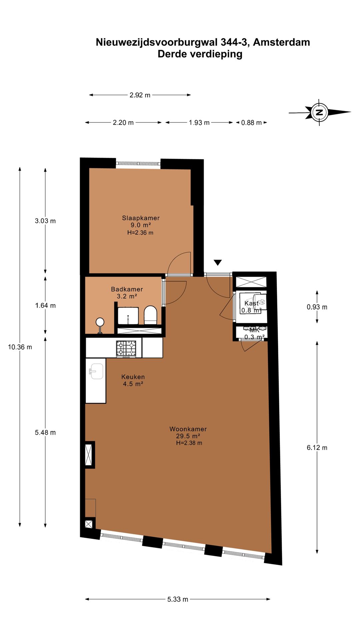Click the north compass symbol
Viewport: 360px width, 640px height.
[x=319, y=112]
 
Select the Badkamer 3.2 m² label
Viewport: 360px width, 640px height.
[x=127, y=293]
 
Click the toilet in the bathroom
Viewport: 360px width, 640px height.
[x=150, y=315]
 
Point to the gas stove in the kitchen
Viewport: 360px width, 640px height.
[x=126, y=348]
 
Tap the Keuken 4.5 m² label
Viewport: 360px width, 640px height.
[x=133, y=380]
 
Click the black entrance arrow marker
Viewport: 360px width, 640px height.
[x=218, y=263]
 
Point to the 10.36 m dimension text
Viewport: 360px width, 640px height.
[x=20, y=347]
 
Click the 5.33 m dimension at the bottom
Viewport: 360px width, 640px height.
[x=178, y=599]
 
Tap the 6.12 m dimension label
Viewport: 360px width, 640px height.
[x=317, y=448]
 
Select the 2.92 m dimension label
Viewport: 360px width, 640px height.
[x=140, y=95]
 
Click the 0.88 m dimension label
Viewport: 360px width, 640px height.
[x=251, y=123]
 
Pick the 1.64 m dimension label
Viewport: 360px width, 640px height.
[x=45, y=305]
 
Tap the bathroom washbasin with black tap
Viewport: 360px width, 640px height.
[x=128, y=316]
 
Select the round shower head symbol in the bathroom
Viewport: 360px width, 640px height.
[x=100, y=322]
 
